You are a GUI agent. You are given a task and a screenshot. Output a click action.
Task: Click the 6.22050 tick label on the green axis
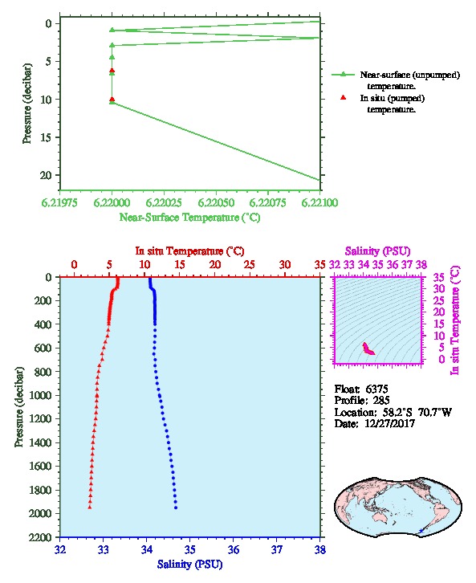(216, 203)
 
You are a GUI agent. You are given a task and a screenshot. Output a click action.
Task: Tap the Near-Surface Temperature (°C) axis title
(189, 218)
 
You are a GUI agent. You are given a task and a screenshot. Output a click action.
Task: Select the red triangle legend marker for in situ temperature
(343, 97)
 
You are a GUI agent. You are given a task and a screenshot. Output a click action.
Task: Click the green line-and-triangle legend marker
(343, 75)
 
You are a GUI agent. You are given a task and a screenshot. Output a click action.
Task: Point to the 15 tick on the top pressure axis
(49, 137)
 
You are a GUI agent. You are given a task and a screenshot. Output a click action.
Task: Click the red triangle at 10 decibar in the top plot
(112, 100)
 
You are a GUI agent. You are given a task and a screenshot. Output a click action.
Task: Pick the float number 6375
(376, 389)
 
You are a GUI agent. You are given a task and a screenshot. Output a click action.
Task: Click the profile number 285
(381, 401)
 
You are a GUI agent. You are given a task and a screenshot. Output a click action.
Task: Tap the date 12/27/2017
(389, 423)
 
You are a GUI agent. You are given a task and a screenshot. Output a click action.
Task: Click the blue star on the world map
(421, 531)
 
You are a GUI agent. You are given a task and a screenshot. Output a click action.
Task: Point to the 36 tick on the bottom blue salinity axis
(234, 549)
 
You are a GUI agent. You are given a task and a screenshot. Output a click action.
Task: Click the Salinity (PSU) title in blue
(190, 565)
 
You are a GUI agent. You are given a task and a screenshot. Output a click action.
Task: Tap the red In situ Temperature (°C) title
(189, 251)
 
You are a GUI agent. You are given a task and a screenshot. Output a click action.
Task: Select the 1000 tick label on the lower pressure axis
(41, 395)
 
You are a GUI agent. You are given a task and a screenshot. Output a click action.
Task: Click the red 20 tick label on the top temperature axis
(215, 265)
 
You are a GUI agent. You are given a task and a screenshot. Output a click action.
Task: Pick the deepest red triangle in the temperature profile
(90, 508)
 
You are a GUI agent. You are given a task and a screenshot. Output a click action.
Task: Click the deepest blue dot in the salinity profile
(176, 508)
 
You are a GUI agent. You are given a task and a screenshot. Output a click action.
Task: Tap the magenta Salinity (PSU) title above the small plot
(378, 251)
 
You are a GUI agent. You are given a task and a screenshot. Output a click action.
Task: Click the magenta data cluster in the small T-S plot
(368, 349)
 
